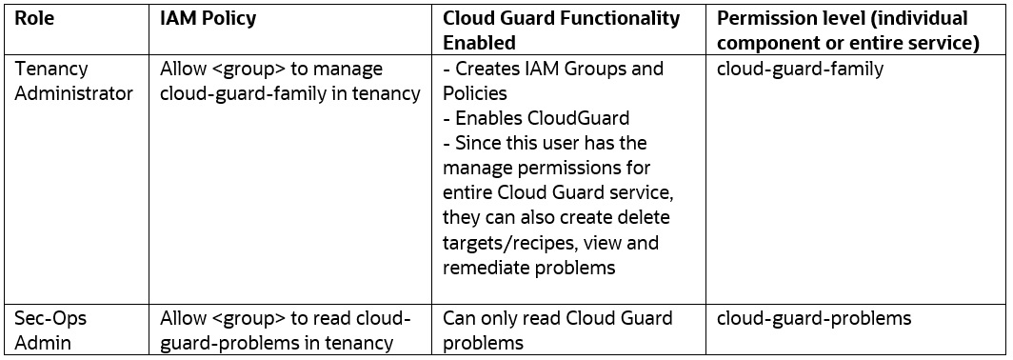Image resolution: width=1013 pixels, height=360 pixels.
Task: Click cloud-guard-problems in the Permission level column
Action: click(813, 318)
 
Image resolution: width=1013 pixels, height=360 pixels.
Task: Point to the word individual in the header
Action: click(923, 19)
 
